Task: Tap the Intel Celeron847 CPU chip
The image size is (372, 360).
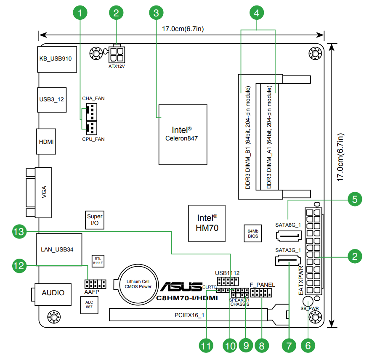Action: [183, 134]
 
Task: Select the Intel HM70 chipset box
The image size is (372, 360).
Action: [207, 223]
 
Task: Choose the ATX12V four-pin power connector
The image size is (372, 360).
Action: [118, 53]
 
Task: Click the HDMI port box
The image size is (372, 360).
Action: [46, 142]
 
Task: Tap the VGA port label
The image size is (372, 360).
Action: [44, 193]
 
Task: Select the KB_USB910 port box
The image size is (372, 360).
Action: [55, 59]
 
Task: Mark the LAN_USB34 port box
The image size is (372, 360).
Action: [58, 249]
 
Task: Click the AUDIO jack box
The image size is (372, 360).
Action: [53, 292]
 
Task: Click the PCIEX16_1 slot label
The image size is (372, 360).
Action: [189, 315]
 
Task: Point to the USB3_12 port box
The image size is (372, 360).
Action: [52, 100]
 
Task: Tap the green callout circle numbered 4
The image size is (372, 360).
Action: [257, 13]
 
